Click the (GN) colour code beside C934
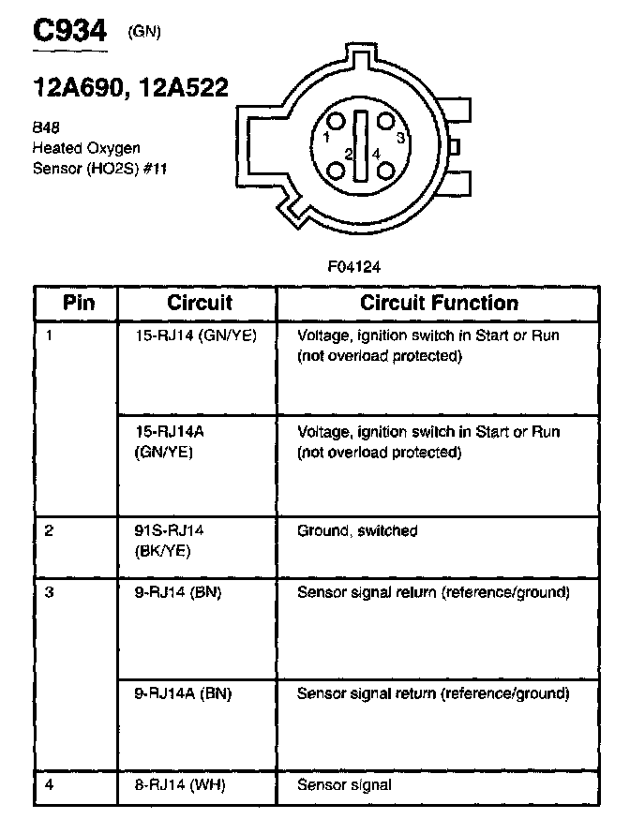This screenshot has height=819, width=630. (143, 33)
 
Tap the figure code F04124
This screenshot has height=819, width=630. (354, 266)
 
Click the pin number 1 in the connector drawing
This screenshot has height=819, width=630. (325, 137)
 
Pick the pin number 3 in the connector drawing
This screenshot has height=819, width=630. (400, 137)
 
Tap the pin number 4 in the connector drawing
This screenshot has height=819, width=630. (376, 153)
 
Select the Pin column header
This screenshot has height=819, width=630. (78, 303)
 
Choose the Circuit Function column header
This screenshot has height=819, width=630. (439, 303)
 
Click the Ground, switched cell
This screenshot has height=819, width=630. (357, 530)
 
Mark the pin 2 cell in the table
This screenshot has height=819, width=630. (49, 530)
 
